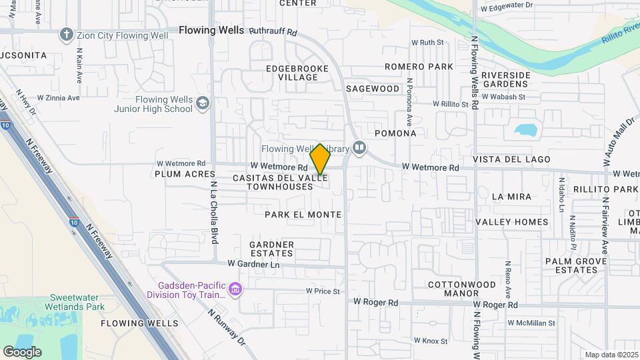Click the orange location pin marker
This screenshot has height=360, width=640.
320,159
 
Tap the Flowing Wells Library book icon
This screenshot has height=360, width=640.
359,147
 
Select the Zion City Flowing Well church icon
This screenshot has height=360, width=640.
66,34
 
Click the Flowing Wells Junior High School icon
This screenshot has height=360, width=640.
203,104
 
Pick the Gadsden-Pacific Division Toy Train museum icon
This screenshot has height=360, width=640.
234,289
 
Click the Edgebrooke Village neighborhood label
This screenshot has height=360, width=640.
293,73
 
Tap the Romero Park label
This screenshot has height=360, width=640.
419,67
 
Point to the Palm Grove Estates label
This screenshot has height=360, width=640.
571,265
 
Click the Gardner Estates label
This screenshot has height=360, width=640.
271,249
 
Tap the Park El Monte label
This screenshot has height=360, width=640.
303,215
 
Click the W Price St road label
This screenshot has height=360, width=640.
323,291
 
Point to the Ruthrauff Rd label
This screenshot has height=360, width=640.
273,31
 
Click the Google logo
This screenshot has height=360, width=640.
22,351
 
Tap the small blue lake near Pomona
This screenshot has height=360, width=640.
527,129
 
